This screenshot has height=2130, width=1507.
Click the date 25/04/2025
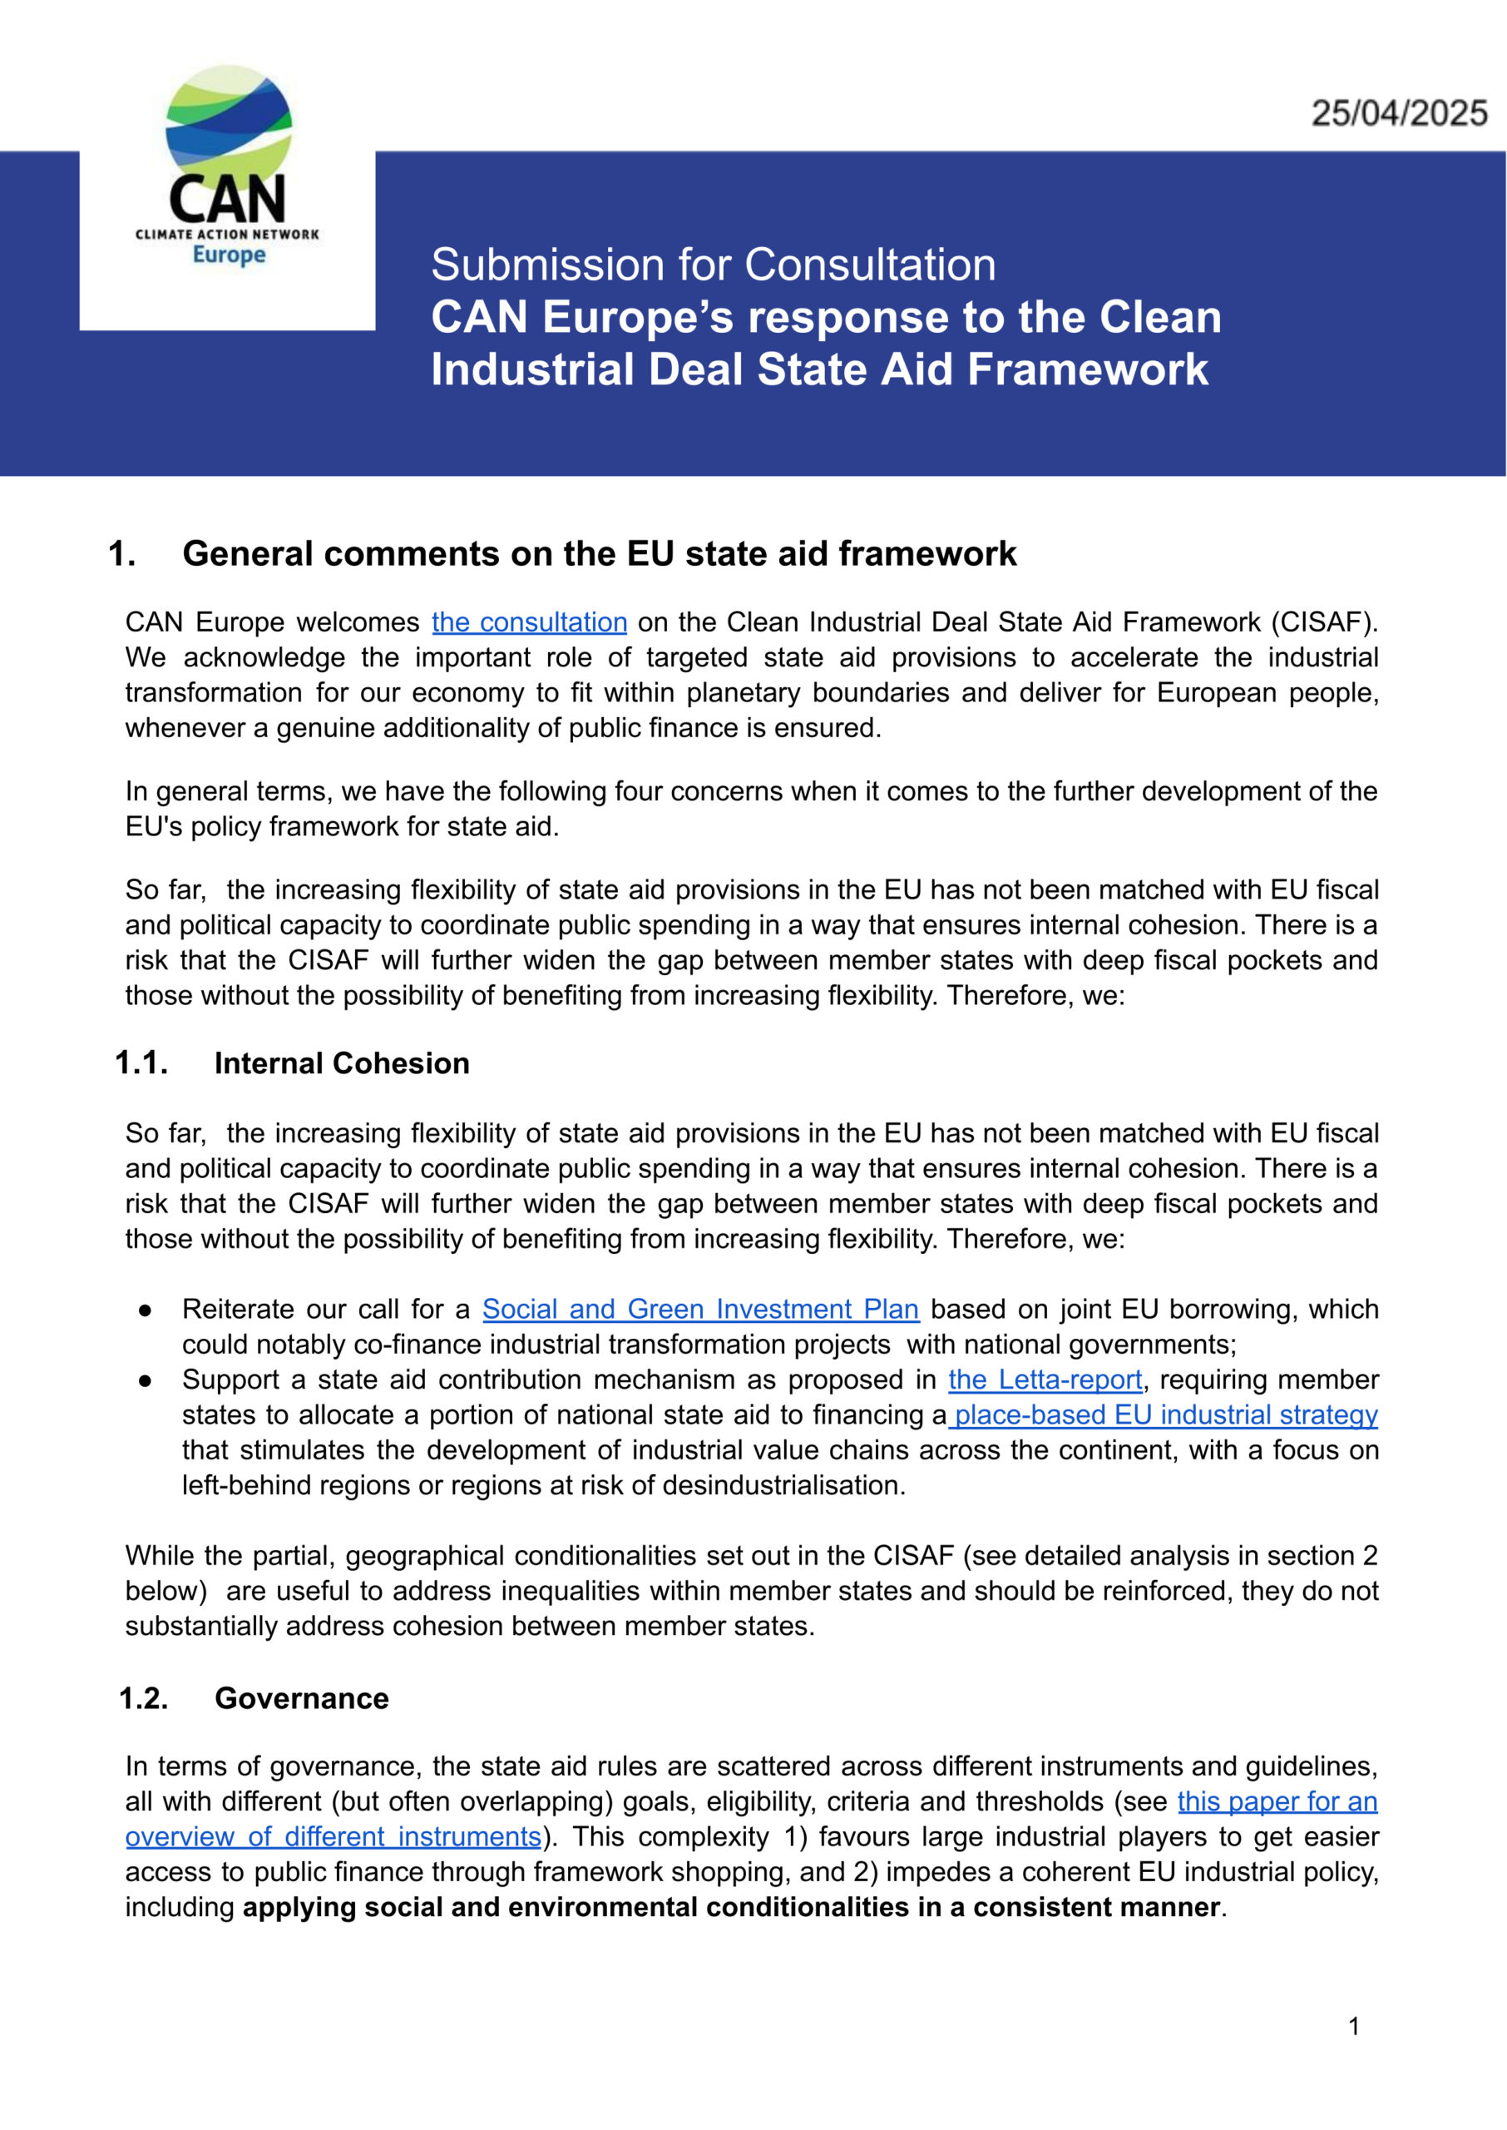pyautogui.click(x=1398, y=113)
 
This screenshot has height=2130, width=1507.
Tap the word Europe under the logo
pyautogui.click(x=228, y=255)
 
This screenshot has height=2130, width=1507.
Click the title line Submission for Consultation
pyautogui.click(x=713, y=265)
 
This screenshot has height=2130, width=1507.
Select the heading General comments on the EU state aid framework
pyautogui.click(x=599, y=553)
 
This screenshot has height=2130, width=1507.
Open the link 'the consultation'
pyautogui.click(x=529, y=622)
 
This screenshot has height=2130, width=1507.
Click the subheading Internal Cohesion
pyautogui.click(x=342, y=1063)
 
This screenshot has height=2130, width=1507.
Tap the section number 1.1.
pyautogui.click(x=141, y=1063)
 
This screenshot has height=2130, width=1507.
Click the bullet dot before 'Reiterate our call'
pyautogui.click(x=145, y=1310)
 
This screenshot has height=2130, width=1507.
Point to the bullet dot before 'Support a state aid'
pyautogui.click(x=145, y=1380)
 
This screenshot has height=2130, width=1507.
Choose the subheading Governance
pyautogui.click(x=302, y=1697)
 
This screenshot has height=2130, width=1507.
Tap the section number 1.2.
pyautogui.click(x=143, y=1697)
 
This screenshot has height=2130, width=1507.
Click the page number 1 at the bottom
pyautogui.click(x=1354, y=2026)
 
